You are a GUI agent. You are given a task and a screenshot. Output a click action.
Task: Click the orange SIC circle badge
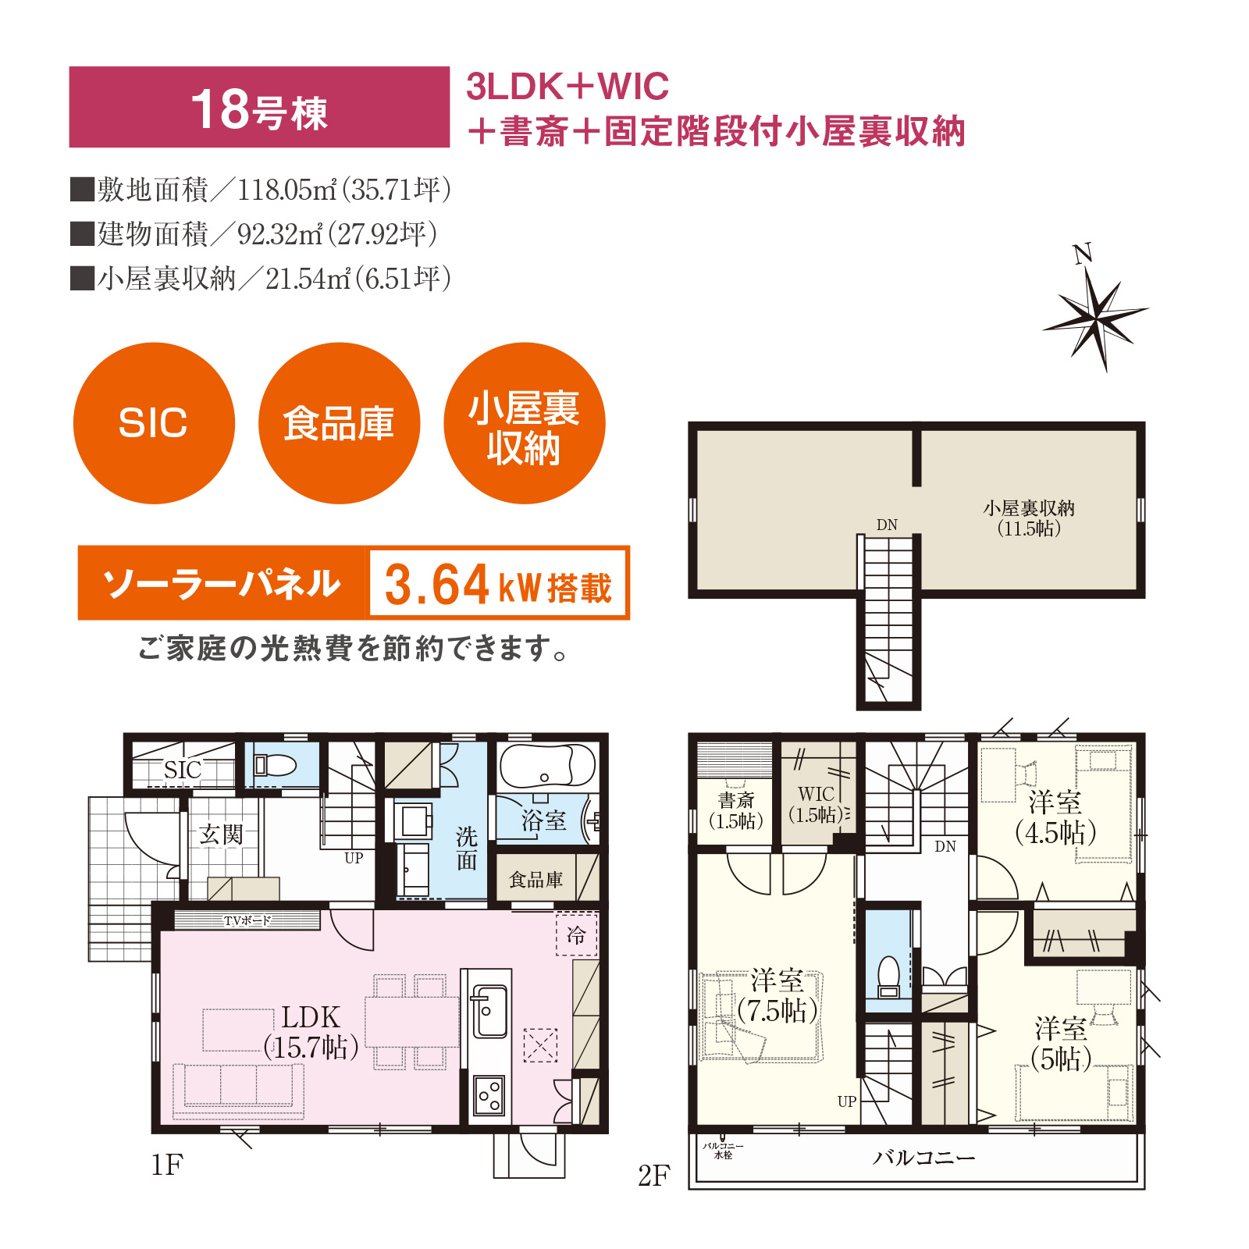pyautogui.click(x=154, y=423)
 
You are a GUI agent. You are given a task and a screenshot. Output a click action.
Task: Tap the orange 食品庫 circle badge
pyautogui.click(x=339, y=423)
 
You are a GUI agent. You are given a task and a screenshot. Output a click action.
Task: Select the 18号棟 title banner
pyautogui.click(x=259, y=107)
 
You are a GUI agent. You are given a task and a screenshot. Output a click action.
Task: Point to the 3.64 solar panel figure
pyautogui.click(x=436, y=585)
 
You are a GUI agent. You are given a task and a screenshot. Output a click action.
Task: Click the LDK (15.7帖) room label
pyautogui.click(x=311, y=1032)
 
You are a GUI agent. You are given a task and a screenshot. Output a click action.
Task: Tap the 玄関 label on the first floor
pyautogui.click(x=221, y=834)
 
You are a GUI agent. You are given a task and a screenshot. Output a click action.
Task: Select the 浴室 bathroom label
pyautogui.click(x=543, y=820)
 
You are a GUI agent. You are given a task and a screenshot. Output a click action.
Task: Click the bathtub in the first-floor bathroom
pyautogui.click(x=547, y=766)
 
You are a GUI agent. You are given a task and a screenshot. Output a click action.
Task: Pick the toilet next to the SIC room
pyautogui.click(x=275, y=764)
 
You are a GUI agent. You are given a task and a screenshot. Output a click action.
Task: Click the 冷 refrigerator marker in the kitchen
pyautogui.click(x=576, y=934)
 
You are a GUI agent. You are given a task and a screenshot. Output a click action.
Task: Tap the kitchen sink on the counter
pyautogui.click(x=489, y=1012)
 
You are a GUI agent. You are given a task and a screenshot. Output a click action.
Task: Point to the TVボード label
pyautogui.click(x=247, y=920)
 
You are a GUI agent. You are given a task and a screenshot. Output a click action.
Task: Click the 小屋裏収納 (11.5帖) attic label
pyautogui.click(x=1029, y=518)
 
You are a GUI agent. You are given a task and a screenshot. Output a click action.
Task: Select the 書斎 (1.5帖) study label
pyautogui.click(x=736, y=810)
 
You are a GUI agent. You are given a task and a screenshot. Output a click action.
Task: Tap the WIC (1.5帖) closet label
pyautogui.click(x=816, y=804)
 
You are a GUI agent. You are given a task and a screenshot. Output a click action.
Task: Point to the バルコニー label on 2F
pyautogui.click(x=924, y=1158)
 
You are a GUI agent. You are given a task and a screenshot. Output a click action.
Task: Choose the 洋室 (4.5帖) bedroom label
pyautogui.click(x=1055, y=818)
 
